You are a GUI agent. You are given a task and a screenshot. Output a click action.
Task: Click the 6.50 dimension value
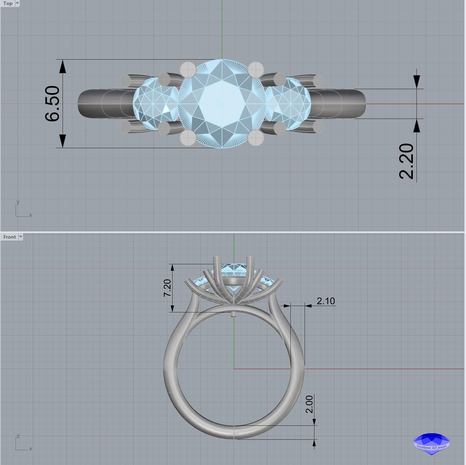tap(52, 104)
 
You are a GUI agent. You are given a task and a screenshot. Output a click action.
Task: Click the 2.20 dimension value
tap(406, 161)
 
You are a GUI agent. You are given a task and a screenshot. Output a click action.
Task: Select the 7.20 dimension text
tap(167, 288)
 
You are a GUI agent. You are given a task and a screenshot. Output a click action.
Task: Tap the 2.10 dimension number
tap(326, 301)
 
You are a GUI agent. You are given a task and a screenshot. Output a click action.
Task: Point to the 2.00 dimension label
tap(309, 404)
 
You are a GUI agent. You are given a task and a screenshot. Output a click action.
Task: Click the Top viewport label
tap(8, 3)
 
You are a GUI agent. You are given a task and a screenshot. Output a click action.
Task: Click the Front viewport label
tap(9, 237)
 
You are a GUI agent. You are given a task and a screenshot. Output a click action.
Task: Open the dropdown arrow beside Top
tap(17, 3)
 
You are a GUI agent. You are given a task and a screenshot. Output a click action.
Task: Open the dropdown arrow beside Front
tap(20, 237)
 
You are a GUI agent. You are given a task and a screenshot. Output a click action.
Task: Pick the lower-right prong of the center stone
tap(256, 138)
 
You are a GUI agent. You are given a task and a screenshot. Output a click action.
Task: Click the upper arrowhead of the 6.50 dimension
tap(63, 67)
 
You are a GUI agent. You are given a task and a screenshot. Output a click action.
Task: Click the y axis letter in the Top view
tap(18, 202)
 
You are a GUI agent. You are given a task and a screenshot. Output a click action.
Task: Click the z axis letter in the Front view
tap(18, 436)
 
